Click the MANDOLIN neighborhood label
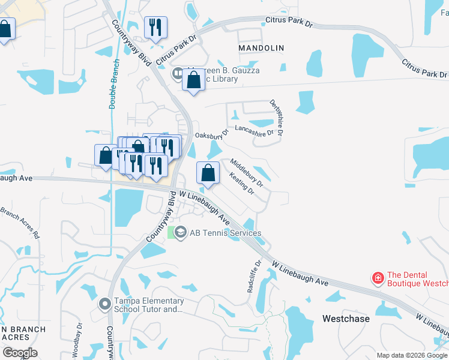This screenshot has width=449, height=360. pyautogui.click(x=261, y=47)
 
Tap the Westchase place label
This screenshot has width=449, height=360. pyautogui.click(x=346, y=319)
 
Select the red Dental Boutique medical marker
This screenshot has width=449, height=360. pyautogui.click(x=378, y=278)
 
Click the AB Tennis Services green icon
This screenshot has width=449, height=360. pyautogui.click(x=179, y=233)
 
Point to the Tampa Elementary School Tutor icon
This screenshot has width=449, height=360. pyautogui.click(x=106, y=305)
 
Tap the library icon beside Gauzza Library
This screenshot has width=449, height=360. pyautogui.click(x=178, y=74)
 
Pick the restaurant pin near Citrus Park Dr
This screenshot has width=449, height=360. pyautogui.click(x=155, y=27)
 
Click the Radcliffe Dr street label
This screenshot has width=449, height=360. pyautogui.click(x=253, y=276)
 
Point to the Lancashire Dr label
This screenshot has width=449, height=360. pyautogui.click(x=254, y=128)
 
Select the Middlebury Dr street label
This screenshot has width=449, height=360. pyautogui.click(x=247, y=173)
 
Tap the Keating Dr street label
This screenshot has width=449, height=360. pyautogui.click(x=241, y=183)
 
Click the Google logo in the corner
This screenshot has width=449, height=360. pyautogui.click(x=20, y=353)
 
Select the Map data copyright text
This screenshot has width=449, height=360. pyautogui.click(x=412, y=355)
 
